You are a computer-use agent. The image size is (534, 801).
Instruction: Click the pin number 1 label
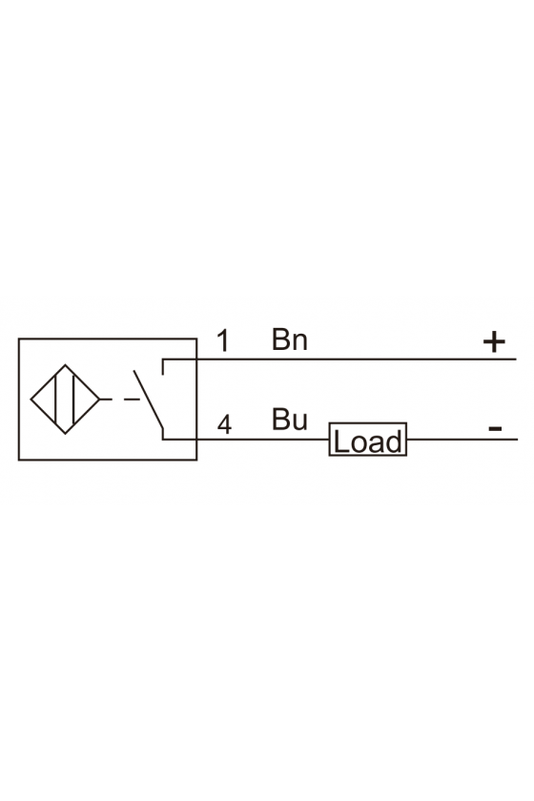click(223, 340)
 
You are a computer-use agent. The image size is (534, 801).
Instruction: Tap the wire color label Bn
click(289, 339)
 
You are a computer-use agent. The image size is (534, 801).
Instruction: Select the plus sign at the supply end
click(494, 341)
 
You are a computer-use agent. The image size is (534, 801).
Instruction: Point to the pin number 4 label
click(224, 424)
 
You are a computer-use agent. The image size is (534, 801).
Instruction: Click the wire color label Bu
click(289, 420)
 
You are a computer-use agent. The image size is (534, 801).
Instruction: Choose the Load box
click(367, 440)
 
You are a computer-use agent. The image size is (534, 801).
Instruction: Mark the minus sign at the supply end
click(495, 428)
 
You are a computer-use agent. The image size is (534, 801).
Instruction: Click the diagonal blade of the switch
click(149, 399)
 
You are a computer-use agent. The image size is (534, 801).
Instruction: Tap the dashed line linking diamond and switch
click(120, 399)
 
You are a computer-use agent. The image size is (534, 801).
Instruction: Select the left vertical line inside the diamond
click(54, 399)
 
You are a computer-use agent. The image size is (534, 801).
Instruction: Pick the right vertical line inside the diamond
click(74, 399)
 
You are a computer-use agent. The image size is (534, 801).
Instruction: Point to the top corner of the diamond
click(66, 364)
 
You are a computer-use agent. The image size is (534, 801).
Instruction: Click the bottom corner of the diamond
click(66, 434)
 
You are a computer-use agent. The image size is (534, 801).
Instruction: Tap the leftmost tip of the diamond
click(31, 399)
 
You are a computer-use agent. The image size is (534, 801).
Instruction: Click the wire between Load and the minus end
click(462, 440)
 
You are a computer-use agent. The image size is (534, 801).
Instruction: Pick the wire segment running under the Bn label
click(339, 359)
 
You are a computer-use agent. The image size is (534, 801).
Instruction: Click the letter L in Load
click(340, 442)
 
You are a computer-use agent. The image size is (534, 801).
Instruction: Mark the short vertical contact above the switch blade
click(162, 367)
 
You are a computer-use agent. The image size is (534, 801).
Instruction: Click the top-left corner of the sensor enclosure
click(19, 339)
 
